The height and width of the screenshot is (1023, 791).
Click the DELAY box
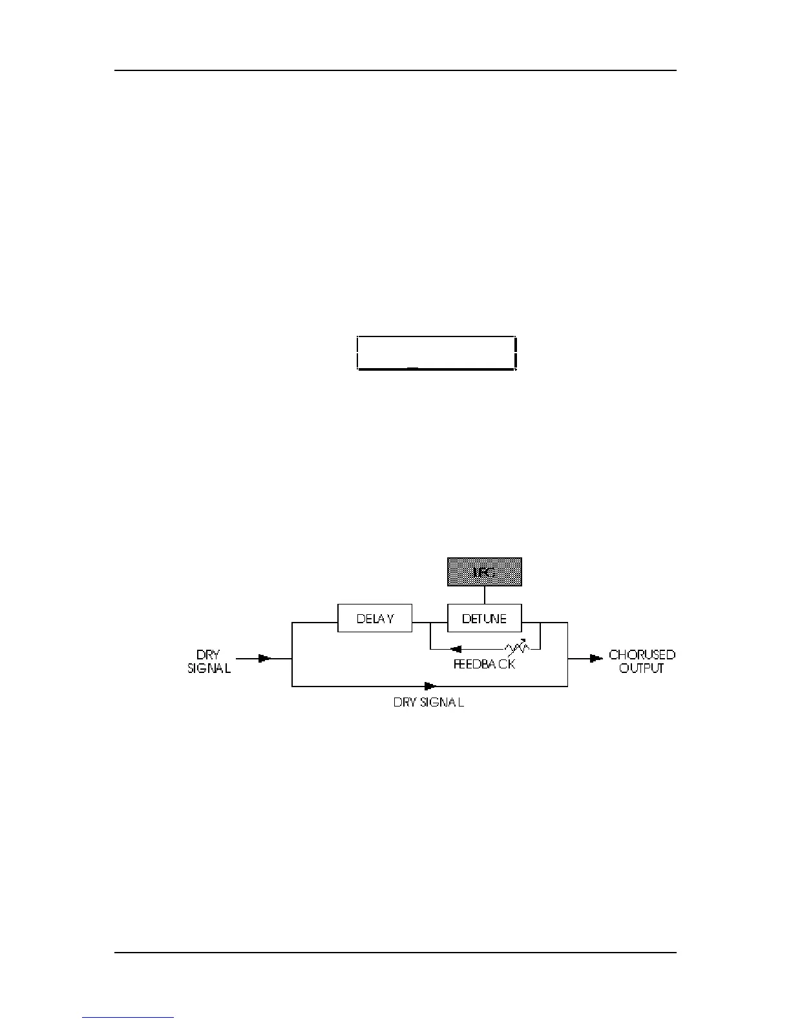pos(375,618)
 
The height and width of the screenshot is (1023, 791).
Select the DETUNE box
pos(485,618)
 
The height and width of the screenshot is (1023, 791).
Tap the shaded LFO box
pos(485,572)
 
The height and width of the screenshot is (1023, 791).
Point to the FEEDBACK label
pos(484,663)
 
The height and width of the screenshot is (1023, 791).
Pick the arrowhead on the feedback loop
pos(456,649)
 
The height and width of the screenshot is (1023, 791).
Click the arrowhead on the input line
pos(265,659)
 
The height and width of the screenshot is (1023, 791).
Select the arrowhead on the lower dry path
pos(430,686)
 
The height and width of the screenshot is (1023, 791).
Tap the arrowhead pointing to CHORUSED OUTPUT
pos(596,659)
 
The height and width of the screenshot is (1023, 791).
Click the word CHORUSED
pos(642,654)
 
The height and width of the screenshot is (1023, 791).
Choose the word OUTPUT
pos(642,668)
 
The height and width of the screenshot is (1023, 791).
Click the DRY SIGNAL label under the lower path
pos(428,702)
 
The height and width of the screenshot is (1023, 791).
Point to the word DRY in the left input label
pos(208,654)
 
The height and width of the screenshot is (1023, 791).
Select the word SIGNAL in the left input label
pos(209,668)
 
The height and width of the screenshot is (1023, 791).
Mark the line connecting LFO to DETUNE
pos(485,595)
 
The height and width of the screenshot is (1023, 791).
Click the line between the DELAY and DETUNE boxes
pos(430,623)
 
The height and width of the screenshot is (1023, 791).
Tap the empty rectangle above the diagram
pos(437,353)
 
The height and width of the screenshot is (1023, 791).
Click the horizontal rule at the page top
pos(395,70)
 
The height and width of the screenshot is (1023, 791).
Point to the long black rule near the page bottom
pos(395,952)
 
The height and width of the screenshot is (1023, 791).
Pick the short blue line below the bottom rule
pos(128,1017)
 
